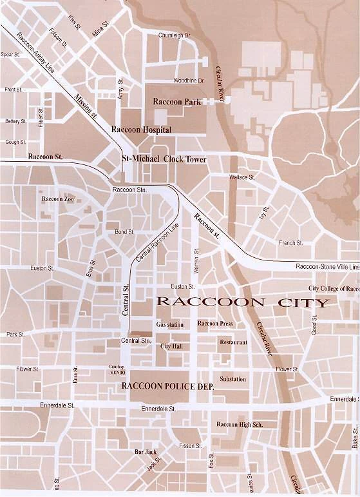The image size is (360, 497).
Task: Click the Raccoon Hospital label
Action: click(x=142, y=130)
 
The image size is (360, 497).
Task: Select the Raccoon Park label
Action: click(x=176, y=102)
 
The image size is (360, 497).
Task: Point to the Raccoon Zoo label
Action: click(x=58, y=199)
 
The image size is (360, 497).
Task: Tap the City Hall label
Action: click(x=171, y=346)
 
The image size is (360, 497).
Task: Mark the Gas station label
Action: click(x=170, y=324)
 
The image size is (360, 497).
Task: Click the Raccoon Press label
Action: click(x=215, y=324)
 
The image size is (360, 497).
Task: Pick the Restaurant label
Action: click(x=233, y=342)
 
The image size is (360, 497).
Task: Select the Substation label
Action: click(x=232, y=379)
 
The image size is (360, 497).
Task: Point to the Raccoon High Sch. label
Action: click(x=239, y=424)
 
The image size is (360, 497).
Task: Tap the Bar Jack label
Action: click(x=145, y=452)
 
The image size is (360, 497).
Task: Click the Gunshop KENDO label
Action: click(x=116, y=370)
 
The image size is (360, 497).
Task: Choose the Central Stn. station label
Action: click(x=136, y=340)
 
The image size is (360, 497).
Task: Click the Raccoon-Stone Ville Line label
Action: click(x=327, y=266)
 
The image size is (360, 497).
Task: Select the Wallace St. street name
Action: click(x=243, y=177)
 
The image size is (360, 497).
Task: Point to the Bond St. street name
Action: click(x=124, y=231)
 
